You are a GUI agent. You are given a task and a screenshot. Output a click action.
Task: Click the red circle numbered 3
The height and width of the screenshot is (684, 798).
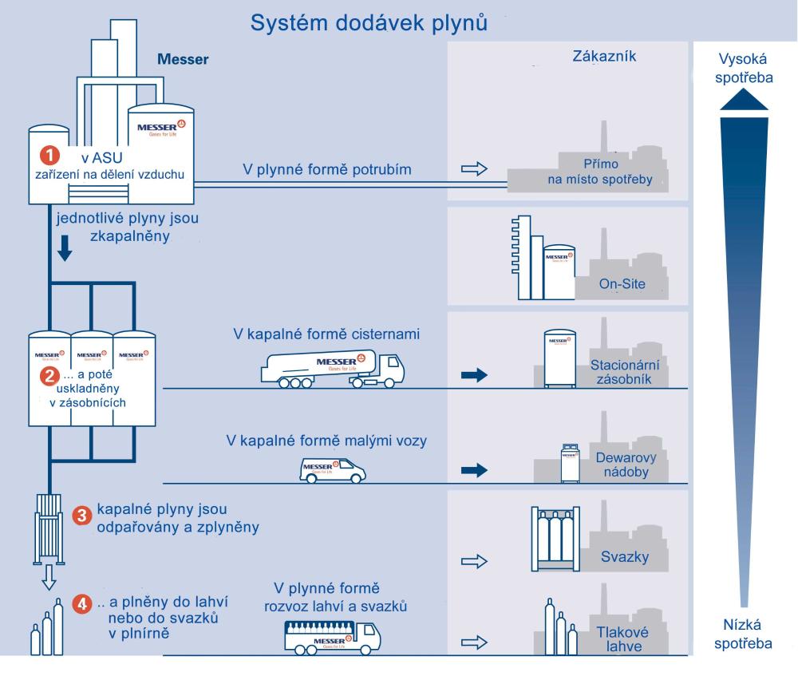pyautogui.click(x=81, y=515)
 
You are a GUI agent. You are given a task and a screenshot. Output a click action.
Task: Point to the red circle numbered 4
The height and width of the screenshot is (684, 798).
pyautogui.click(x=81, y=604)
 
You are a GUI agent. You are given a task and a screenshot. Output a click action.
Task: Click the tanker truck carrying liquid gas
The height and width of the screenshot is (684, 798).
pyautogui.click(x=333, y=370)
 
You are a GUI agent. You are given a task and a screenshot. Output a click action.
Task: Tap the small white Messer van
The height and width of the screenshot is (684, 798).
pyautogui.click(x=333, y=469)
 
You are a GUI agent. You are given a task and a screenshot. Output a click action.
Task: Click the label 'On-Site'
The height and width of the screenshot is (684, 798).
pyautogui.click(x=621, y=284)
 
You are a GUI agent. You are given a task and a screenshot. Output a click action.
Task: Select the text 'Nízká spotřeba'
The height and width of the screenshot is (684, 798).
pyautogui.click(x=744, y=631)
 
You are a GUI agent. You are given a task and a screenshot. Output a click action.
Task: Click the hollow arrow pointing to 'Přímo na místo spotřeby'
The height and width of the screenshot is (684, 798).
pyautogui.click(x=474, y=169)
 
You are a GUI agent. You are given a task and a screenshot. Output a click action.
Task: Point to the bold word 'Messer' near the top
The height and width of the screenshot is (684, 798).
pyautogui.click(x=183, y=60)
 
